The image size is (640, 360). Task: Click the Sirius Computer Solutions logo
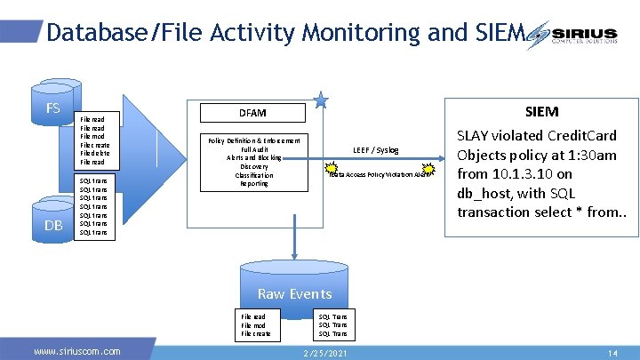pos(577,36)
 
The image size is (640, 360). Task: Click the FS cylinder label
pos(53,109)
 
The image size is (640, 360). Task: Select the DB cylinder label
pos(53,226)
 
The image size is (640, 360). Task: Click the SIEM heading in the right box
pos(541,111)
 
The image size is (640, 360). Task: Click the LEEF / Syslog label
pos(375,150)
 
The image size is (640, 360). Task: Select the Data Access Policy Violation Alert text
pos(379,175)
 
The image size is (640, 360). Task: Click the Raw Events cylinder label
pos(294,293)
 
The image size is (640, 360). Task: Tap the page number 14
pos(612,353)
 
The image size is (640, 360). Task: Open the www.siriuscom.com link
pos(76,352)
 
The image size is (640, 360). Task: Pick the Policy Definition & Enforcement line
pos(253,140)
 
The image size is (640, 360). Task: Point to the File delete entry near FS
pos(93,154)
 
